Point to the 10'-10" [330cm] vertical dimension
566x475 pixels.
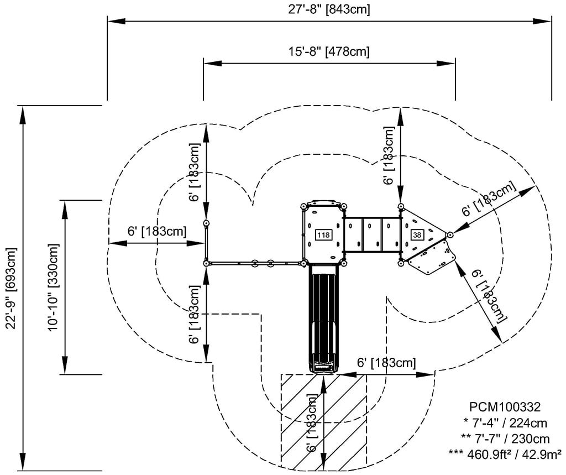pos(54,287)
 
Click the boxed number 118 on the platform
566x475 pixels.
pos(323,235)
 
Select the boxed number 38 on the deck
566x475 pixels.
pos(417,235)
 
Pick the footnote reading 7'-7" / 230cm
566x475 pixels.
pos(505,439)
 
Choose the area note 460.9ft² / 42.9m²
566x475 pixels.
pos(505,454)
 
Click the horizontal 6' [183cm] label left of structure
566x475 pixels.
pos(156,231)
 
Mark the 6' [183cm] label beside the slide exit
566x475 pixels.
pos(386,363)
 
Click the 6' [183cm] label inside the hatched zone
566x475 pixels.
pos(313,423)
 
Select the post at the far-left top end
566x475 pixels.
pos(206,223)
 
